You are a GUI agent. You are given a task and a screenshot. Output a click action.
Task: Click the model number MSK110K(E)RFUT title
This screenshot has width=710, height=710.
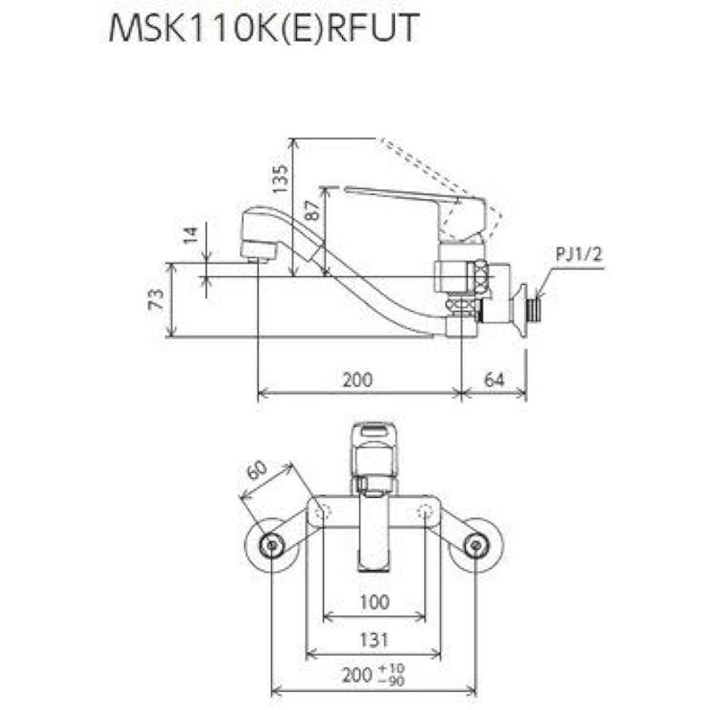coord(263,30)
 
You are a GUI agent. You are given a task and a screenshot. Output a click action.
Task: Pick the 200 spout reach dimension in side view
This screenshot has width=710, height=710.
coord(357,379)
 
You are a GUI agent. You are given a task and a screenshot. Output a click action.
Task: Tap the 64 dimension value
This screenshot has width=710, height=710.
coord(494,379)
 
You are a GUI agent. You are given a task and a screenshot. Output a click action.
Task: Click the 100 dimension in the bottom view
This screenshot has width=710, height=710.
coord(374,602)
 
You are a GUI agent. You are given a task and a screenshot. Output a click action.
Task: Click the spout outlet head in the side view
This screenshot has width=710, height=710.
coord(260,234)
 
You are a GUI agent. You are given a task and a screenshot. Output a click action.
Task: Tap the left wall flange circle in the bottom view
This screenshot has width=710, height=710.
coord(270,545)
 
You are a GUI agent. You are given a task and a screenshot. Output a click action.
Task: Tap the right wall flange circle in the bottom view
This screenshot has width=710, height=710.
coord(475,545)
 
